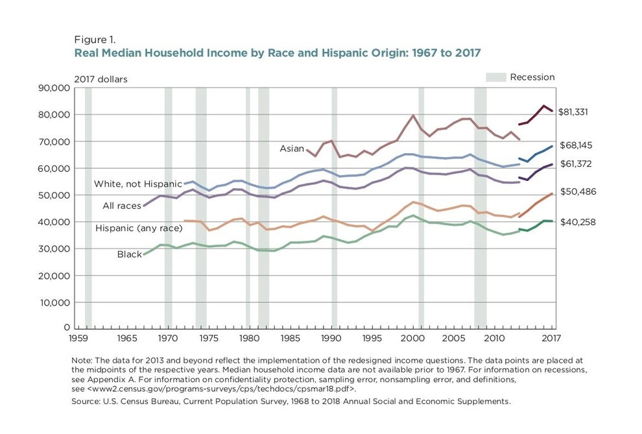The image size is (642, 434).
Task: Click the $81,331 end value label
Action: [x=573, y=112]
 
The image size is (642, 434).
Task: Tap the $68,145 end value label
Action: [x=576, y=145]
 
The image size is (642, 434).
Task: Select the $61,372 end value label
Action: [x=576, y=164]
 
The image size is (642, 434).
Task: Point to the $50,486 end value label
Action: [x=578, y=192]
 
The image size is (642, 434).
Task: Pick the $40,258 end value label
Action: [x=578, y=222]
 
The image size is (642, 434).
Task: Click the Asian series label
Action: [x=291, y=149]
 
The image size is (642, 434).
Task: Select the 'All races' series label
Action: [x=122, y=206]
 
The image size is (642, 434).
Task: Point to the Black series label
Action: [x=129, y=254]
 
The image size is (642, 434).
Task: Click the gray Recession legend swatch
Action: [x=495, y=77]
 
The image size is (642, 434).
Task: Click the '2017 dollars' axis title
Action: [x=101, y=80]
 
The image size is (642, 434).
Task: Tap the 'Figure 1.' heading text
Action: [x=96, y=39]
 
